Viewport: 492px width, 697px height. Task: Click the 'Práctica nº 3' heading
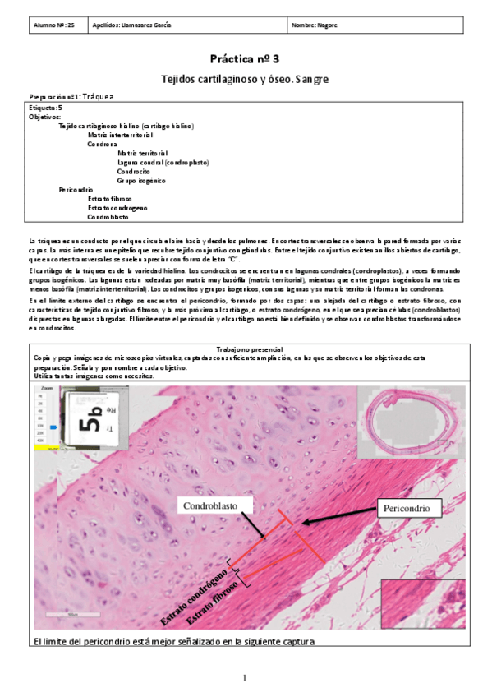(x=245, y=59)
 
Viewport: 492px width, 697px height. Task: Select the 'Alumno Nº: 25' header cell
(x=54, y=25)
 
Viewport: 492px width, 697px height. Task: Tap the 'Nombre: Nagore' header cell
(x=315, y=25)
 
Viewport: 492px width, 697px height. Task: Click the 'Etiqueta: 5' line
(x=45, y=108)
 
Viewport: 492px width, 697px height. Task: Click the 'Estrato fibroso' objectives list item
(x=108, y=199)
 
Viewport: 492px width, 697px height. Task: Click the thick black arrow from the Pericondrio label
(x=340, y=515)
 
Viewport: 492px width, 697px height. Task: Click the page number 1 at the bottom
(x=245, y=678)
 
